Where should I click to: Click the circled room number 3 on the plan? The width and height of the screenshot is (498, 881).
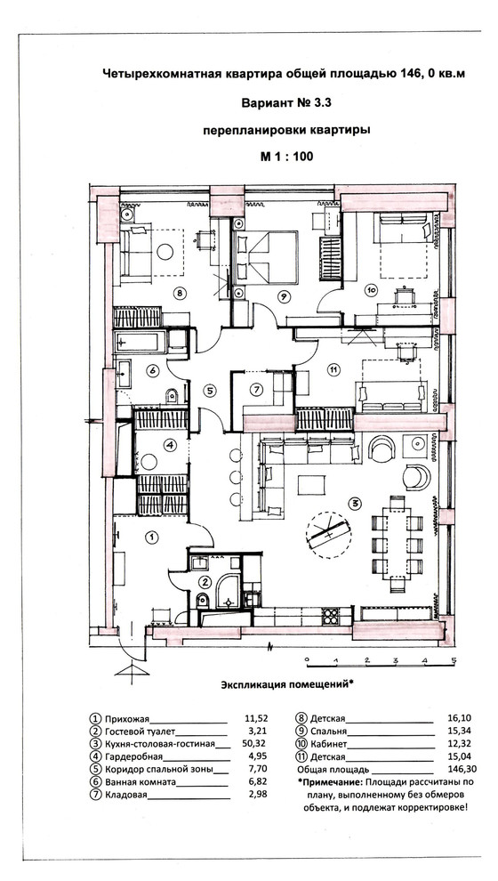[354, 502]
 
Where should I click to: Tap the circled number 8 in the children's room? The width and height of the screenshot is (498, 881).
[180, 292]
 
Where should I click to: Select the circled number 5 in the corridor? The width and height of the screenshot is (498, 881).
[208, 390]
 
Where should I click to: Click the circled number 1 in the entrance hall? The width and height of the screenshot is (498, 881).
[151, 537]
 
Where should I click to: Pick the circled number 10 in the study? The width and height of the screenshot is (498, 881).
[371, 290]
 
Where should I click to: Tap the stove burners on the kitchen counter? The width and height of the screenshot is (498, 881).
[330, 616]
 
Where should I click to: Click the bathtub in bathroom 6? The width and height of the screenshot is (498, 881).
[141, 341]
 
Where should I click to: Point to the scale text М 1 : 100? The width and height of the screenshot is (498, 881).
[286, 157]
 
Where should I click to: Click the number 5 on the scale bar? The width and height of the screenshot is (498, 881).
[454, 660]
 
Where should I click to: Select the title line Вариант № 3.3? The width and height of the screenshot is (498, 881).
[286, 103]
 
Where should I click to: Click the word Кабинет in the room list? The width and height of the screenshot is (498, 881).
[329, 744]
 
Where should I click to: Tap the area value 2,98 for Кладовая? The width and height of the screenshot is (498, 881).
[256, 794]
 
